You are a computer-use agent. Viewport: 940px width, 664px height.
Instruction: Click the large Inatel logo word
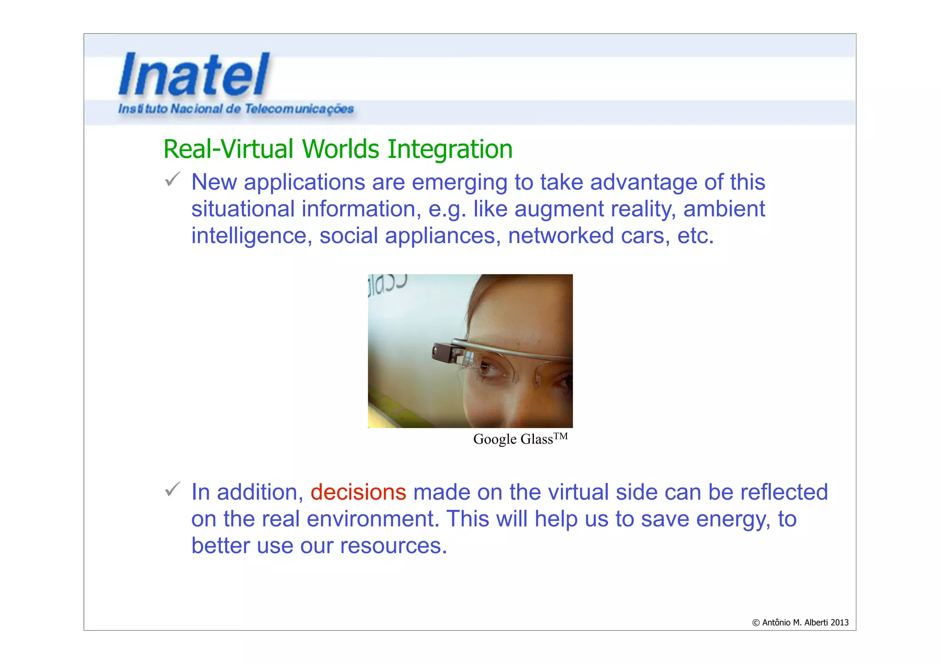coord(194,74)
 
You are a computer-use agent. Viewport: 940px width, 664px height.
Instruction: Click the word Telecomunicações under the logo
coord(299,109)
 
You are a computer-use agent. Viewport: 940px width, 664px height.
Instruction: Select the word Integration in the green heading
coord(450,149)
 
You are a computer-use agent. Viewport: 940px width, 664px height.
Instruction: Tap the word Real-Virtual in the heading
coord(228,149)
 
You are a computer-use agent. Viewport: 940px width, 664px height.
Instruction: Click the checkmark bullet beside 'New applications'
coord(173,179)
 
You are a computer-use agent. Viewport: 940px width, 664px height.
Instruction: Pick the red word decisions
coord(358,492)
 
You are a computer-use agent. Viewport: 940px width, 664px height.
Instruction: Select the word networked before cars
coord(561,235)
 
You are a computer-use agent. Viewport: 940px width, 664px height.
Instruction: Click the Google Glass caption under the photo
coord(513,439)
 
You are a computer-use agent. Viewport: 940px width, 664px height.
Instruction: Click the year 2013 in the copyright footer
coord(839,623)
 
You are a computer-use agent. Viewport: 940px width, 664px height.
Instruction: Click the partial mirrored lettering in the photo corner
coord(386,285)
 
